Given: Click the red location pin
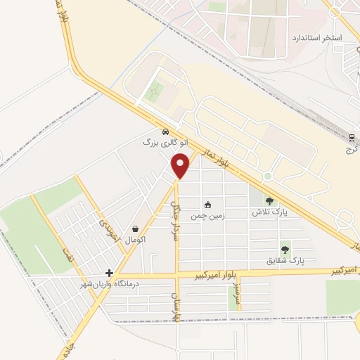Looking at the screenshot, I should (x=181, y=166).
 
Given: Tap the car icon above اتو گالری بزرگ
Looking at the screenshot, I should (x=165, y=131).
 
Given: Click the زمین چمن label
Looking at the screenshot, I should (x=207, y=217).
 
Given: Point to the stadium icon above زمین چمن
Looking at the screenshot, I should (x=207, y=205).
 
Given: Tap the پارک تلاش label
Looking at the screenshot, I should (x=269, y=211).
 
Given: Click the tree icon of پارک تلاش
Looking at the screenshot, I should (x=269, y=200).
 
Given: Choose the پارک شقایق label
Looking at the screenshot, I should (x=285, y=259).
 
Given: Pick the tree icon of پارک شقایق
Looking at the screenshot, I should (x=285, y=249).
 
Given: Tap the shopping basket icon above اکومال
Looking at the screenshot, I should (x=135, y=229).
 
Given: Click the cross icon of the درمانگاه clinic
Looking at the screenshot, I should (x=109, y=273).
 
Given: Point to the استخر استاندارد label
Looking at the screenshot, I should (x=316, y=37).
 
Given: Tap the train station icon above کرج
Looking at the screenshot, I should (x=352, y=136).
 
